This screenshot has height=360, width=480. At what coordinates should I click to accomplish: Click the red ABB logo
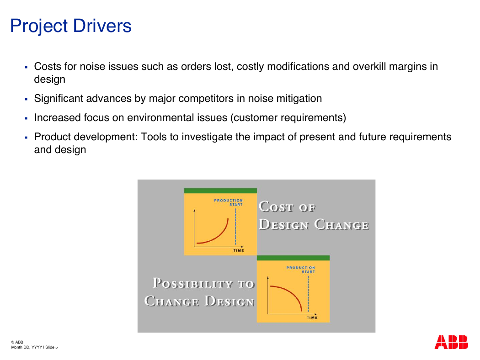(x=451, y=342)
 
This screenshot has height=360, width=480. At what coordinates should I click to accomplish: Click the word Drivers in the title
(x=102, y=26)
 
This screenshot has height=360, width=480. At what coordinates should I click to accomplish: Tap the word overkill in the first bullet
(x=369, y=66)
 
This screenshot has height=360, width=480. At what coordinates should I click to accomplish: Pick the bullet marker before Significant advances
(x=27, y=99)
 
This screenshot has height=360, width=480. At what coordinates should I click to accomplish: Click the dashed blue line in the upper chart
(x=235, y=227)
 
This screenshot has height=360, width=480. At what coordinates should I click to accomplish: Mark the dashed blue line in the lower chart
(x=308, y=294)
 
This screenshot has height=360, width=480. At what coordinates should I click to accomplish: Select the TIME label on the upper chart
(x=239, y=250)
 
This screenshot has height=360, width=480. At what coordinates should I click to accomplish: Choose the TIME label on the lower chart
(x=312, y=318)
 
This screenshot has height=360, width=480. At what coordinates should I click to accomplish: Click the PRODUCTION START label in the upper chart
(x=229, y=202)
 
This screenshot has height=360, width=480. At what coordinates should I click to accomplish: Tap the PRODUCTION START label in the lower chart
(x=301, y=270)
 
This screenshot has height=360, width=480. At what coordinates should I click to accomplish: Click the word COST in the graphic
(x=277, y=207)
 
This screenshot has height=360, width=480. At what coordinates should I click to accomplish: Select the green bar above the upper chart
(x=220, y=191)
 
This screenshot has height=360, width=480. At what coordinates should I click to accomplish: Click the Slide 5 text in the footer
(x=51, y=347)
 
